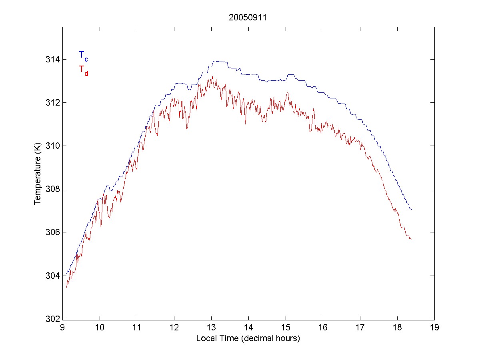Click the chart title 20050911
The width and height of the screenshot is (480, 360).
(248, 18)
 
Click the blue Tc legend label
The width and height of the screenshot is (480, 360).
(83, 56)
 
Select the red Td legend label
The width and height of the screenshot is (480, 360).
(83, 70)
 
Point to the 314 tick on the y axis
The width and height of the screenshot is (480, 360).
(53, 60)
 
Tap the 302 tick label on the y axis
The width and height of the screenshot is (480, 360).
(53, 319)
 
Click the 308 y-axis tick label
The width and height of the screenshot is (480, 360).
(53, 189)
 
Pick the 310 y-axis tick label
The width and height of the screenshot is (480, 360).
(53, 146)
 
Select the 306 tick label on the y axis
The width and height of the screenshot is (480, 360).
(53, 232)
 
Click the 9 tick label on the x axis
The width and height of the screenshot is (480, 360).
(62, 328)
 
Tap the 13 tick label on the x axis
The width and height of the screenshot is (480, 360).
(211, 328)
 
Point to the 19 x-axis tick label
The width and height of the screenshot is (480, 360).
(434, 328)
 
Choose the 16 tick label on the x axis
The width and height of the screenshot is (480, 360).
(323, 328)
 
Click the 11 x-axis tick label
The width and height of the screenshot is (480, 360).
(137, 328)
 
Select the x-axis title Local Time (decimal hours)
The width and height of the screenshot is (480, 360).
(248, 338)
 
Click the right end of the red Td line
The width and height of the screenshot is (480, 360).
(411, 239)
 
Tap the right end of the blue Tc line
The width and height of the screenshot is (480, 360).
(411, 210)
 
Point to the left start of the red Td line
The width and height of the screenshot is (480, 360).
(66, 287)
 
